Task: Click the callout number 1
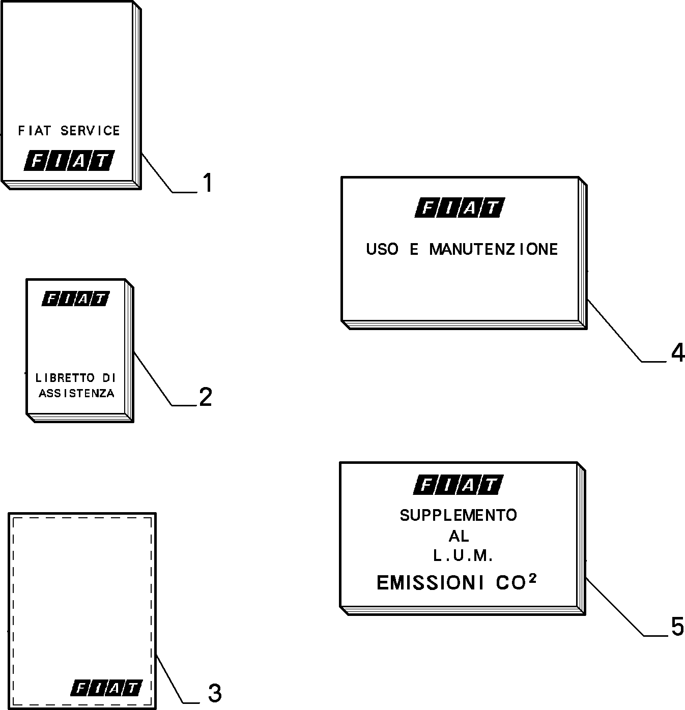[208, 183]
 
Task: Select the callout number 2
[206, 397]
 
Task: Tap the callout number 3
[215, 693]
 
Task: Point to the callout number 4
[678, 353]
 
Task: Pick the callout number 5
[678, 627]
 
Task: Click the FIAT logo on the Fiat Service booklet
[69, 160]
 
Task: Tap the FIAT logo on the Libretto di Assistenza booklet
[76, 299]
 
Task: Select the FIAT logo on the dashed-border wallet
[106, 688]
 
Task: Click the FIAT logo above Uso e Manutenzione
[460, 208]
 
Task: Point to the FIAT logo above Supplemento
[458, 485]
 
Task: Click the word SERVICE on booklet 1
[90, 131]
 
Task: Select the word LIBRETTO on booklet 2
[65, 377]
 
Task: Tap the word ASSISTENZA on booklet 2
[76, 393]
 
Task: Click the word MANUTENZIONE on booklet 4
[493, 250]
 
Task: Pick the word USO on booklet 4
[382, 250]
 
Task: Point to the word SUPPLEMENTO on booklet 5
[458, 516]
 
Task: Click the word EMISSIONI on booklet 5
[430, 583]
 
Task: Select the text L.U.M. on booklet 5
[463, 556]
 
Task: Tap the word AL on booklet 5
[459, 536]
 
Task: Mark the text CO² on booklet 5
[516, 582]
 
